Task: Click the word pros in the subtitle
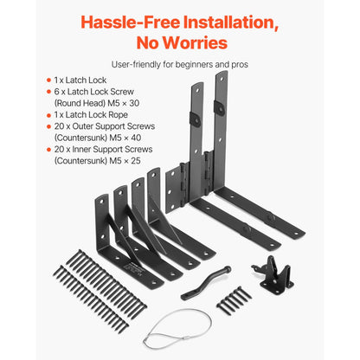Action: point(240,64)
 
